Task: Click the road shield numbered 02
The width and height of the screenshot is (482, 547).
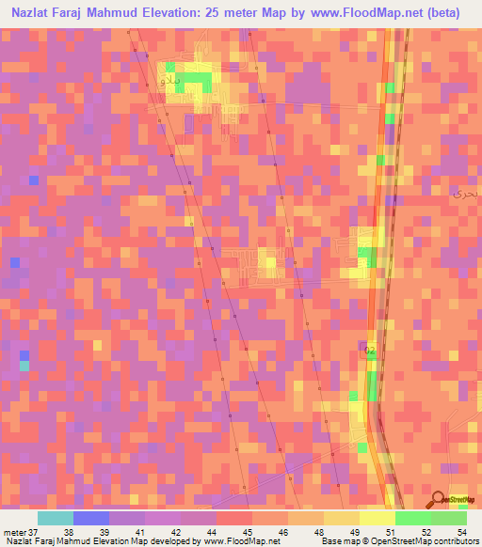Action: tap(370, 350)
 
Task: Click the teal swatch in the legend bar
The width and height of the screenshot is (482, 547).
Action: tap(55, 517)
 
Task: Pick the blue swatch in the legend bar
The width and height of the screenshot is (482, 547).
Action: tap(90, 517)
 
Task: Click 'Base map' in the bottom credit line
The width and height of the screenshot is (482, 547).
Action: tap(336, 541)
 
